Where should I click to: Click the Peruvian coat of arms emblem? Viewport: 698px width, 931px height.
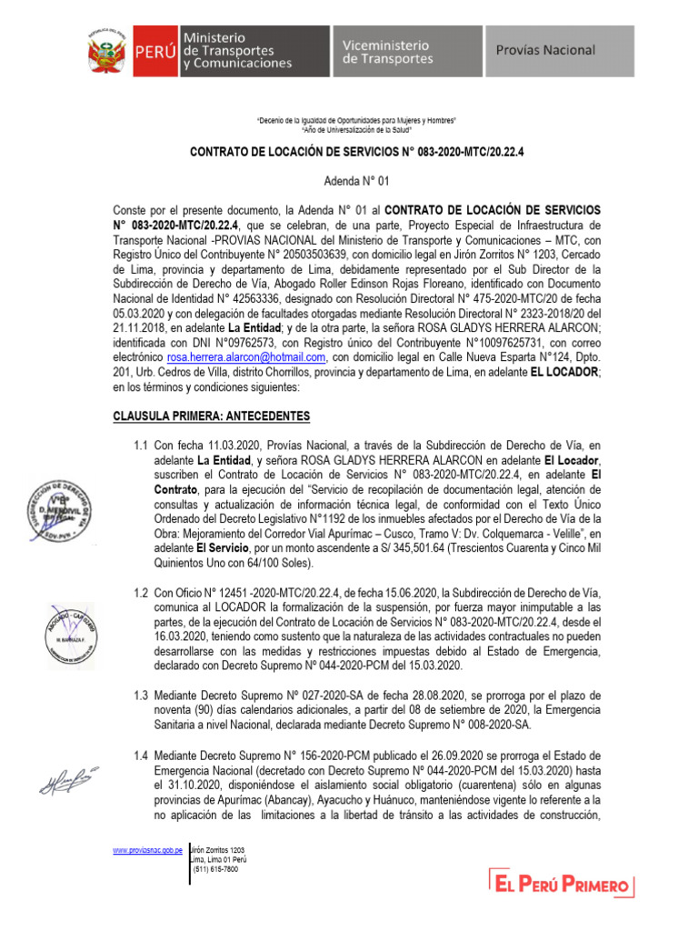point(108,52)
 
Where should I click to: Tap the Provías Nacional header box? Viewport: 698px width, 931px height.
point(558,52)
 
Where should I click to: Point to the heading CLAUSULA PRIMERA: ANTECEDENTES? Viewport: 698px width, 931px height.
point(211,416)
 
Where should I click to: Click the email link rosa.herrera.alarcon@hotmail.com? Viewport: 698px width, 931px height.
point(252,357)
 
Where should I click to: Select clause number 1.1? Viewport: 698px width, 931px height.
point(141,446)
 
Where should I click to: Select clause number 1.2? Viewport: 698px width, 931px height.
point(141,592)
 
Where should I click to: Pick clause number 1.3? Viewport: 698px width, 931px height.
point(141,695)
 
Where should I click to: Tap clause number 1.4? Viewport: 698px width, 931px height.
point(141,756)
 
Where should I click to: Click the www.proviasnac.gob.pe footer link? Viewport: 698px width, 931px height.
point(147,849)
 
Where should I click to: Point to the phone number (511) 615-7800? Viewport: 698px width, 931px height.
point(215,869)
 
